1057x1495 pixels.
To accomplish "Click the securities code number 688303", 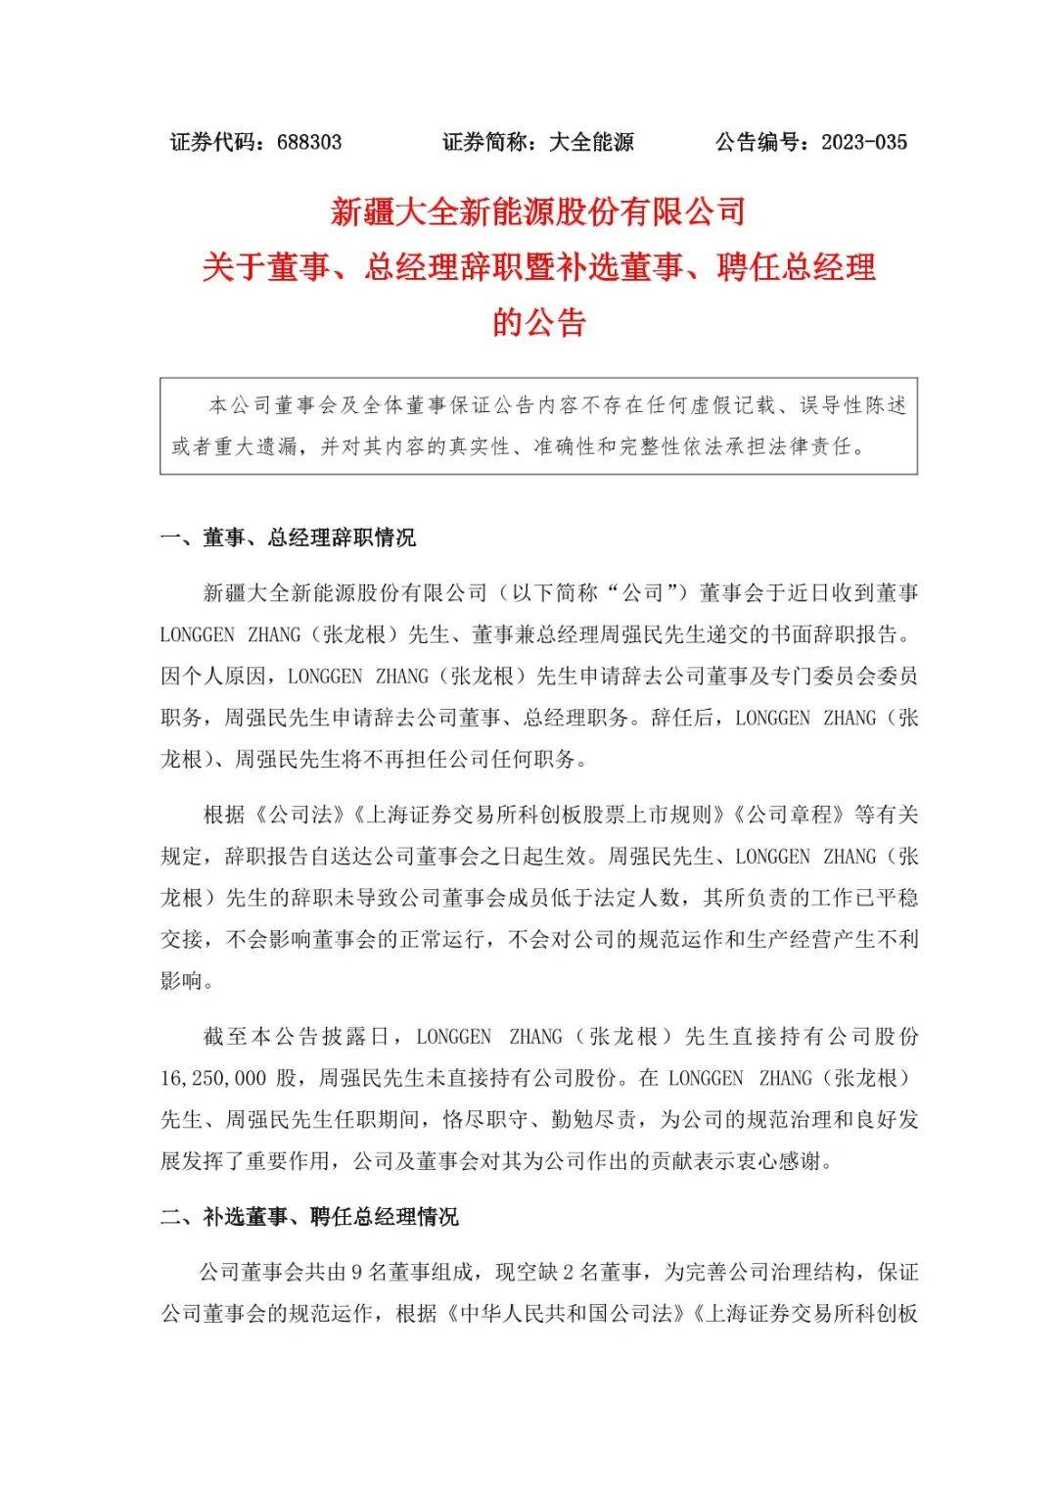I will pos(309,142).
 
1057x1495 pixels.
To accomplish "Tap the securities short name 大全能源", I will pos(591,142).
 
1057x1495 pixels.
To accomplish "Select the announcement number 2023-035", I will pos(864,142).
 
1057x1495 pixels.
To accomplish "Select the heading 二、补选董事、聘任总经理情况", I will pos(309,1217).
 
